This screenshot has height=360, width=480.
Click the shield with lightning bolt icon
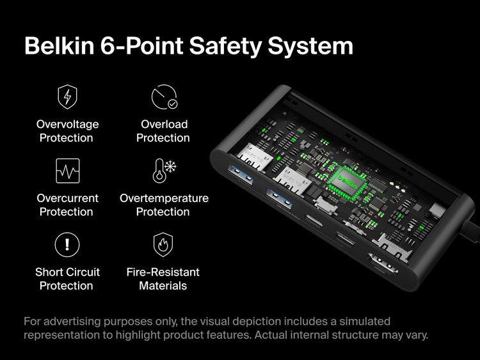67,97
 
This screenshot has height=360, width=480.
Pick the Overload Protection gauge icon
163,97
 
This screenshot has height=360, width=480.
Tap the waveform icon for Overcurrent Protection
67,171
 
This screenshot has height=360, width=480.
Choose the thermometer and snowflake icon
164,171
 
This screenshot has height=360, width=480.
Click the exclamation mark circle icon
67,244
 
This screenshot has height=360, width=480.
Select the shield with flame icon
163,244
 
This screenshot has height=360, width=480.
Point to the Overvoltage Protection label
67,131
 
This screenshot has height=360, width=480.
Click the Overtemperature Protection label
164,205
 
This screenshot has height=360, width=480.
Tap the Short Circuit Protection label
67,279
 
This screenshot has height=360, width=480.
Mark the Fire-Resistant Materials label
163,279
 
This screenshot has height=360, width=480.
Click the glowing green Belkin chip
349,183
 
